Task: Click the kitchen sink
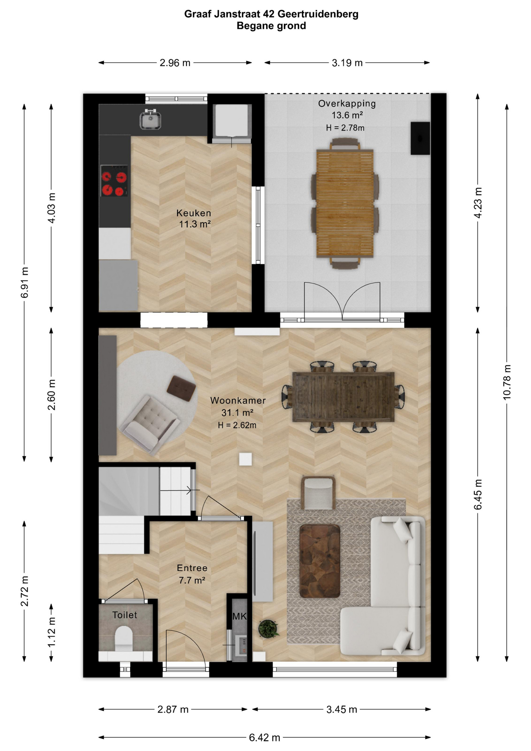(151, 119)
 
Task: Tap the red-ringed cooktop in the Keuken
(114, 181)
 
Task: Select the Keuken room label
(194, 213)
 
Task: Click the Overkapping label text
(347, 104)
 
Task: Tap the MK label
(239, 616)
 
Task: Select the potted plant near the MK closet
(268, 629)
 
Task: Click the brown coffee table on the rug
(320, 561)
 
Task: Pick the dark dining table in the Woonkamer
(343, 397)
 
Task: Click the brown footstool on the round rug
(181, 388)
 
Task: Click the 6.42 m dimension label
(265, 737)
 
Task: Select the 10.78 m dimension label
(507, 382)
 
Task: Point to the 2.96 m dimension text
(175, 63)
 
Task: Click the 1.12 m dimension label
(51, 632)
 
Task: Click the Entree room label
(192, 568)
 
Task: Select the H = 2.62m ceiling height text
(237, 425)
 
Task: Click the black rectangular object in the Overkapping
(420, 138)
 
